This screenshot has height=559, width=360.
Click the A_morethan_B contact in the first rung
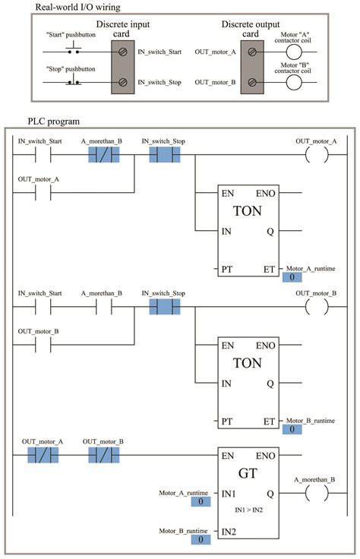pyautogui.click(x=103, y=155)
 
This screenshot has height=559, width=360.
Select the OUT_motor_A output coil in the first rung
pyautogui.click(x=314, y=155)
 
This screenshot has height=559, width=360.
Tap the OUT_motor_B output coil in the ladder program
pyautogui.click(x=314, y=307)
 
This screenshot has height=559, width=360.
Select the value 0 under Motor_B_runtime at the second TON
pyautogui.click(x=292, y=430)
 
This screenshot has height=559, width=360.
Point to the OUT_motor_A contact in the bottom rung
pyautogui.click(x=43, y=455)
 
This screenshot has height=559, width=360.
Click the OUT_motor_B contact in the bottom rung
pyautogui.click(x=103, y=455)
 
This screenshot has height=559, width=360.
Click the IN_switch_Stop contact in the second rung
pyautogui.click(x=163, y=307)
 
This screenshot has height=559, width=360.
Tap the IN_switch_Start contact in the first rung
pyautogui.click(x=43, y=155)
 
